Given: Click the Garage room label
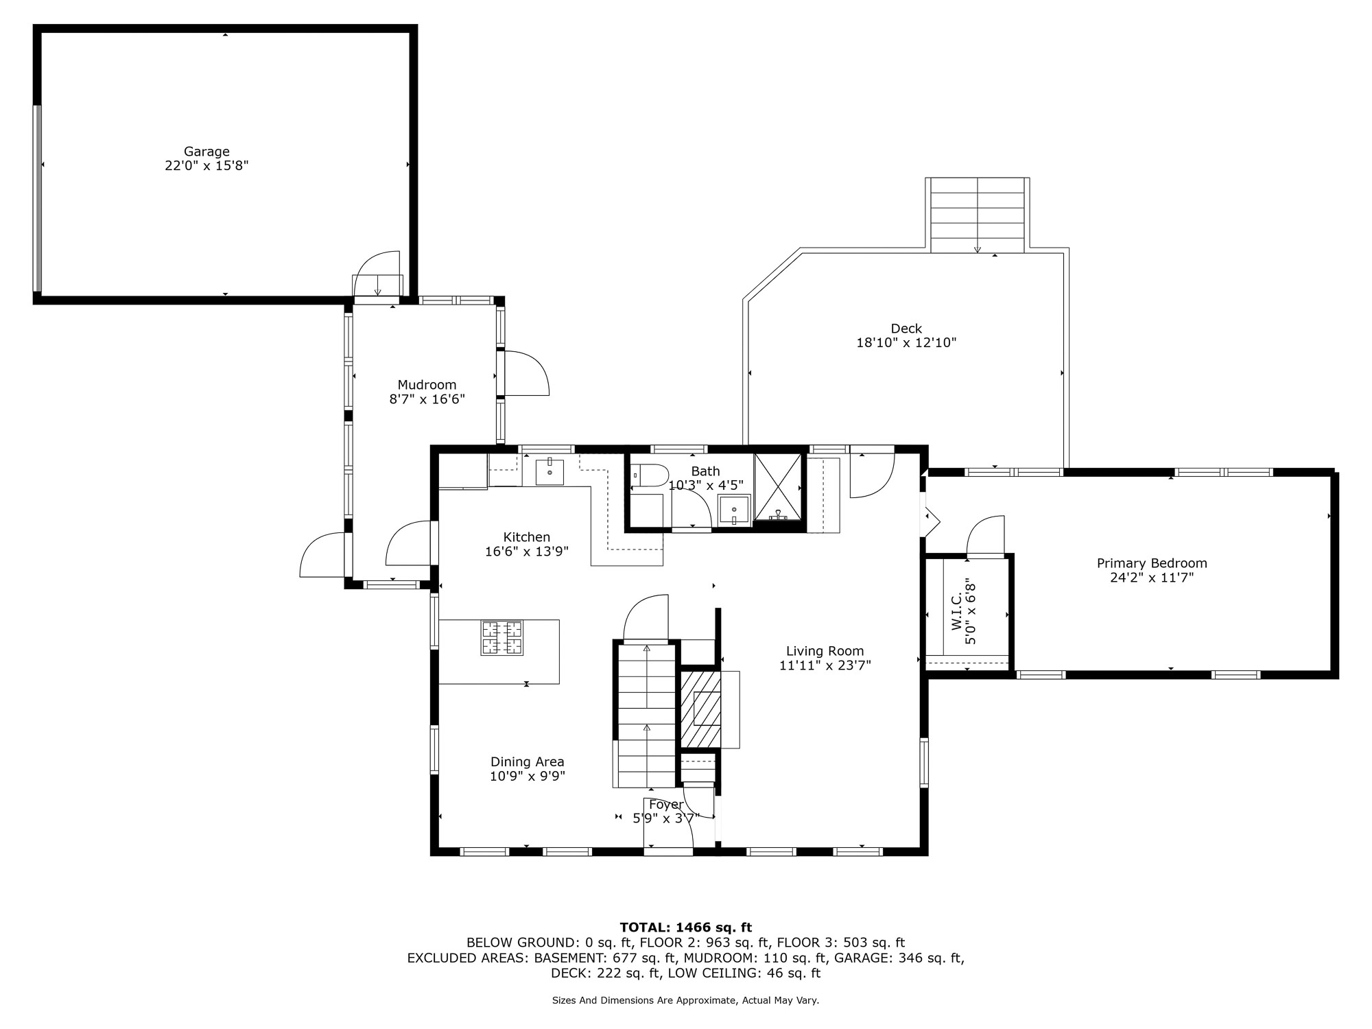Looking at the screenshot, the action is [x=206, y=152].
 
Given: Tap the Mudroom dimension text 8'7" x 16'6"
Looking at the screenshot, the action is [x=427, y=399].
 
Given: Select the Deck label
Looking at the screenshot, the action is [x=906, y=329].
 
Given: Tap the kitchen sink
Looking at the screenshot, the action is [x=549, y=472].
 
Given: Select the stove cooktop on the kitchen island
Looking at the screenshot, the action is [x=501, y=638].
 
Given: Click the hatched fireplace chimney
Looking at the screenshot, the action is [x=700, y=709].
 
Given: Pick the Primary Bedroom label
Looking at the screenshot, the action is [x=1152, y=563].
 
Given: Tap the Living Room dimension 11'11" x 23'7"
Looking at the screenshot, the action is [x=825, y=665].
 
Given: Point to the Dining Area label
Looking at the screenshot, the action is [x=528, y=761].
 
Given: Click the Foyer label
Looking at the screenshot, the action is [x=666, y=805].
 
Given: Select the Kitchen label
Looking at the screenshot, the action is [x=527, y=537].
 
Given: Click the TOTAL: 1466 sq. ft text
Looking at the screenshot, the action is [x=686, y=927].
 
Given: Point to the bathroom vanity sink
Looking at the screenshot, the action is [x=734, y=510].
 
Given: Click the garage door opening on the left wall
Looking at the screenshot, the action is [x=38, y=198].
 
